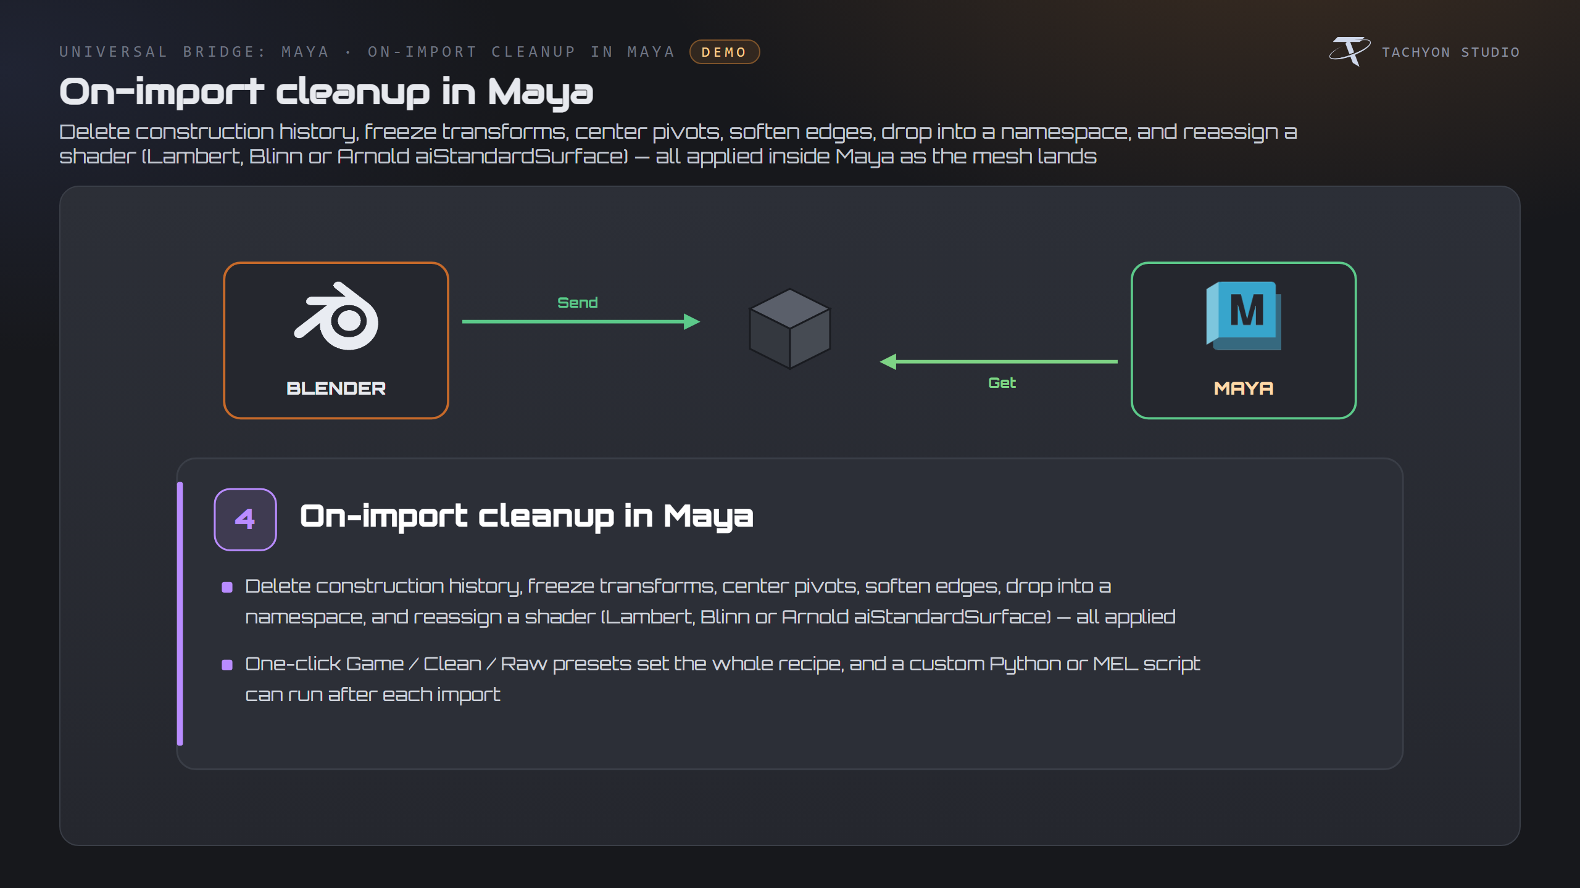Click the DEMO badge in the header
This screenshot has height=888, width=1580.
coord(725,52)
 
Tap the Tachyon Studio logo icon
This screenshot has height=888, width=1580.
coord(1350,51)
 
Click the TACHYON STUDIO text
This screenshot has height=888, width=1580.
coord(1450,52)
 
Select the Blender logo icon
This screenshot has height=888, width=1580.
coord(336,316)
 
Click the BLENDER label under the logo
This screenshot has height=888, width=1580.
coord(336,388)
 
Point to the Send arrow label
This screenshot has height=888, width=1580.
coord(578,303)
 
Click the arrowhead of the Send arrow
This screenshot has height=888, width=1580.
coord(692,321)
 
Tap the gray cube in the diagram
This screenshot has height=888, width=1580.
coord(790,329)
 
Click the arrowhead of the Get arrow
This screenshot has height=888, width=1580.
coord(888,362)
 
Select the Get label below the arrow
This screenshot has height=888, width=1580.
coord(1002,383)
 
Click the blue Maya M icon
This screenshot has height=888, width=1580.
coord(1244,316)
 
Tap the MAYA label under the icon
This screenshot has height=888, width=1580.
coord(1244,388)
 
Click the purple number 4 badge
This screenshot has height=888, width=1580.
coord(245,519)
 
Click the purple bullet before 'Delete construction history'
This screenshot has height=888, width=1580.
coord(227,587)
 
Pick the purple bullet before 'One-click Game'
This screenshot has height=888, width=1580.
coord(227,665)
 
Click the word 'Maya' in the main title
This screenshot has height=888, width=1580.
coord(541,92)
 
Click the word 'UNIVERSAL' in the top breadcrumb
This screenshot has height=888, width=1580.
coord(114,52)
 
